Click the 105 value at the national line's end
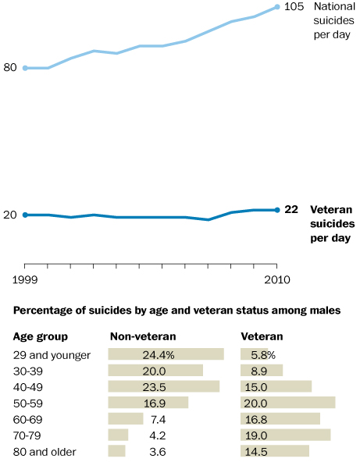coord(294,6)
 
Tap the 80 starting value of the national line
coord(10,67)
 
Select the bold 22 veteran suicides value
coord(291,209)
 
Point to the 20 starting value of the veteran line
coord(10,215)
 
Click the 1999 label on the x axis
coord(25,279)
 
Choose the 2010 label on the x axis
coord(277,279)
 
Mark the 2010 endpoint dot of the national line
coord(277,7)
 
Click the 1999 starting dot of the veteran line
coord(25,215)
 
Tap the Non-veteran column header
coord(143,336)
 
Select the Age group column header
coord(41,337)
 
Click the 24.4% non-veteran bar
coord(166,354)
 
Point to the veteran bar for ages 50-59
coord(287,403)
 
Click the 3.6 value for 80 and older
coord(158,452)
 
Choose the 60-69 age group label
coord(28,419)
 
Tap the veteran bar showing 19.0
coord(285,435)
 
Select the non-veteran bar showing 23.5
coord(164,386)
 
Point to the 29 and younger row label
coord(52,355)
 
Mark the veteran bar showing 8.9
coord(262,370)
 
